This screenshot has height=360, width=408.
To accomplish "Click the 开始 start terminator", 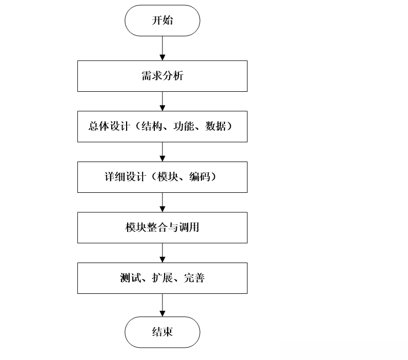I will [162, 21].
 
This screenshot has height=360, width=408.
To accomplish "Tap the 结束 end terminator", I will [162, 332].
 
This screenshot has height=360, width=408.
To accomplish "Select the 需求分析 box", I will [162, 76].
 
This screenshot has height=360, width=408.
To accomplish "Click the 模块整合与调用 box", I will [162, 227].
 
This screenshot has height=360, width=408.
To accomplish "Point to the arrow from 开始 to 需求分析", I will [162, 48].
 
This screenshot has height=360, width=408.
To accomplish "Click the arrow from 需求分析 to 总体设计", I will [162, 102].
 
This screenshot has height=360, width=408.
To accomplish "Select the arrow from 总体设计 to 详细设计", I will [162, 152].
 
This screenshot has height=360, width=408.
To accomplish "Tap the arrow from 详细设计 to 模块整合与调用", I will [162, 202].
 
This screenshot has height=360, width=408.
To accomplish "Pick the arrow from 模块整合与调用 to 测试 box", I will [162, 252].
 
